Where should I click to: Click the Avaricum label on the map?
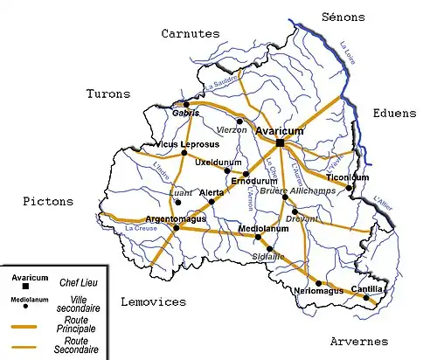click(279, 130)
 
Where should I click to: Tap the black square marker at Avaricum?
click(280, 142)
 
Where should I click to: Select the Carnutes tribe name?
click(190, 33)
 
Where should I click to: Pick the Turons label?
click(108, 93)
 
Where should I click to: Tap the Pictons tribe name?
click(46, 201)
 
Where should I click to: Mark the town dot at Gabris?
click(185, 104)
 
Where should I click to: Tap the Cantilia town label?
click(367, 288)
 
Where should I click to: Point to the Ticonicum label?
click(348, 177)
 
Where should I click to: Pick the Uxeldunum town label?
click(217, 163)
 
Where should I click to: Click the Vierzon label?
click(231, 129)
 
